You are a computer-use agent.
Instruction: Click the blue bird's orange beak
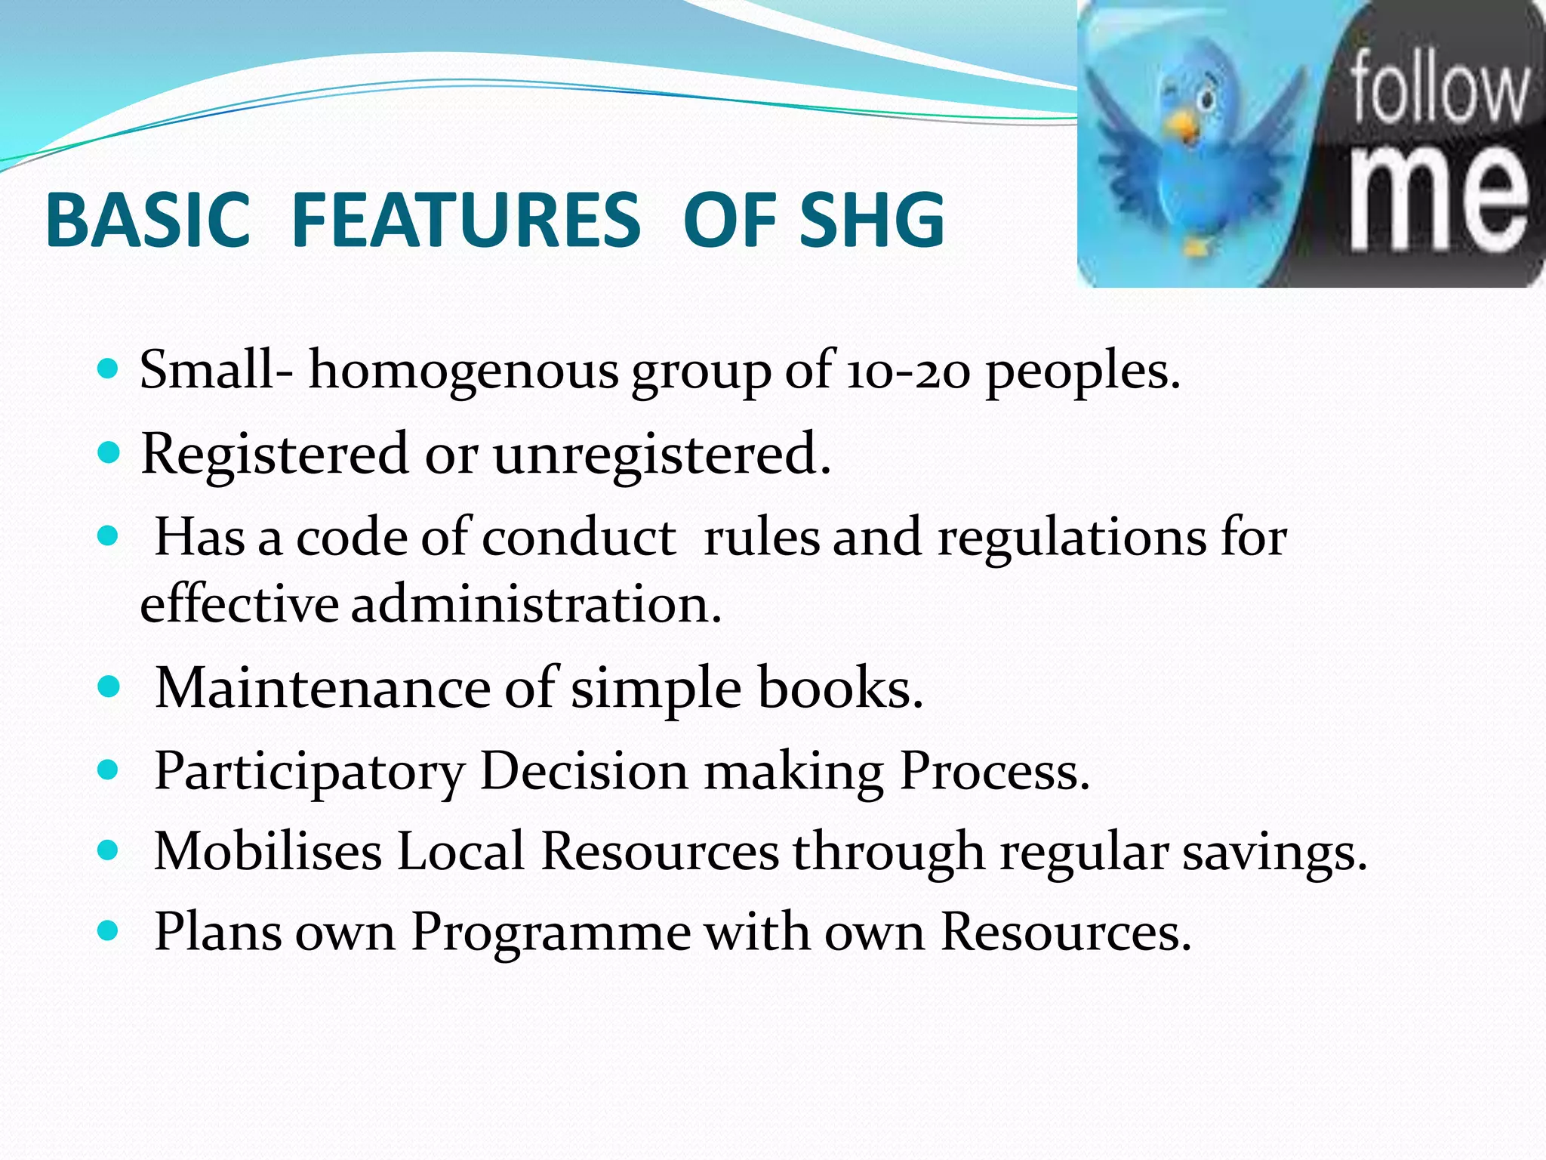click(x=1186, y=128)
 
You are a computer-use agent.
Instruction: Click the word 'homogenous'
click(x=463, y=372)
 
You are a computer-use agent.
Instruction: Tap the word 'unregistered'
click(x=662, y=455)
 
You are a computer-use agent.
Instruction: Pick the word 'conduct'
click(x=578, y=538)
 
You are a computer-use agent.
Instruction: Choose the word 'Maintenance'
click(x=322, y=688)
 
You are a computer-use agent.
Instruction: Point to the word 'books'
click(x=840, y=688)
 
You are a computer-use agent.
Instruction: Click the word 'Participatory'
click(x=310, y=771)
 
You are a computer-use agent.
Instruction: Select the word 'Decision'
click(x=584, y=771)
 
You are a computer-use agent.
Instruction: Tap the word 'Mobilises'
click(x=268, y=852)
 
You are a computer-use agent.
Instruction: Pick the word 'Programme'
click(x=550, y=933)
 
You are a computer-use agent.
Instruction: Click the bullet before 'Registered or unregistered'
click(x=109, y=453)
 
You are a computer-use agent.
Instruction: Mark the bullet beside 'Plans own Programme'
click(x=109, y=931)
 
